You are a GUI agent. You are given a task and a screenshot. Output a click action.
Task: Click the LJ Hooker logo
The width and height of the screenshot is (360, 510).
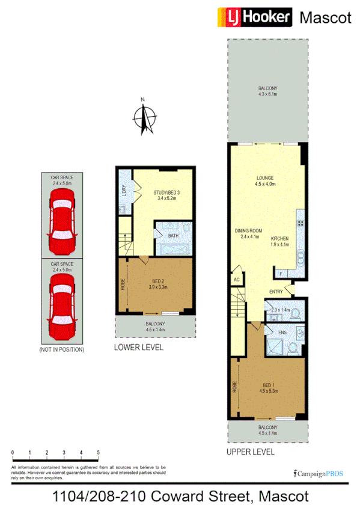(x=255, y=17)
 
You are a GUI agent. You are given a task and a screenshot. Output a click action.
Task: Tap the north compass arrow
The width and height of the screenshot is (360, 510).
(x=144, y=117)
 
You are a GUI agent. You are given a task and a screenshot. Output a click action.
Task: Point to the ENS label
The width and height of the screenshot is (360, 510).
(x=281, y=331)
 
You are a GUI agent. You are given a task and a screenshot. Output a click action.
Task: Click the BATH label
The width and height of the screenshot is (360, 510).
(x=172, y=236)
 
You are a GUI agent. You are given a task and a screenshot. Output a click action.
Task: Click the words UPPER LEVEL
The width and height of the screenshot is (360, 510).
(x=251, y=451)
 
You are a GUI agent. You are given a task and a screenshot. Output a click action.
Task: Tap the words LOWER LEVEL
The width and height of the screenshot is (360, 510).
(x=138, y=348)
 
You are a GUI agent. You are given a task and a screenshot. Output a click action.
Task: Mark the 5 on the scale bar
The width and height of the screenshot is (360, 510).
(x=97, y=452)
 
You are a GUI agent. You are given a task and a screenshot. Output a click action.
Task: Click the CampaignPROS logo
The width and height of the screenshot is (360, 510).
(x=319, y=473)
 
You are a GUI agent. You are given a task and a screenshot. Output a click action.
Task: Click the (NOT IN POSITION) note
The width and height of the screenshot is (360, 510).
(x=61, y=349)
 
